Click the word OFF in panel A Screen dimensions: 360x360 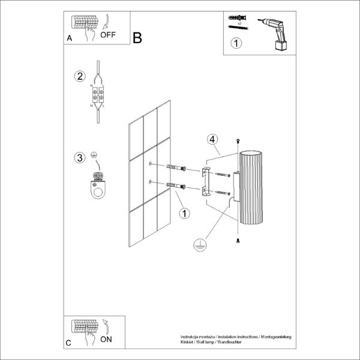point(108,35)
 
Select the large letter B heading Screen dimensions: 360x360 point(137,38)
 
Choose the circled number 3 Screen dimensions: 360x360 point(79,158)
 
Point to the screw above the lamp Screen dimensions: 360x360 point(239,142)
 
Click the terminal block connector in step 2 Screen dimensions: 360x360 point(98,95)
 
